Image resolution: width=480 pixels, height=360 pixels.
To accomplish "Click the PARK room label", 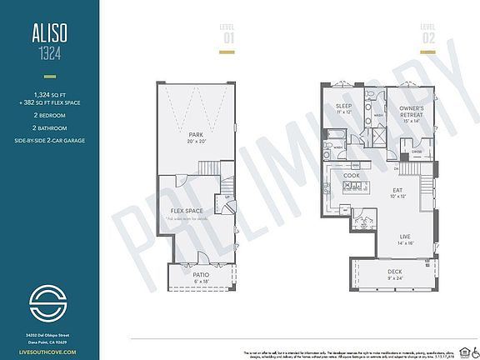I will coord(196,134).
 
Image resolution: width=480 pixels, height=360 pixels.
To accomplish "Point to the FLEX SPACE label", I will coord(187,211).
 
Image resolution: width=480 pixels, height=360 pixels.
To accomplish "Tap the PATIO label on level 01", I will coord(201,274).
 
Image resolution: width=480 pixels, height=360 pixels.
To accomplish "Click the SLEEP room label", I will coord(342,107).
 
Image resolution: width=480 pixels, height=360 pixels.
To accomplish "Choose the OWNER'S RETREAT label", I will coord(411,112).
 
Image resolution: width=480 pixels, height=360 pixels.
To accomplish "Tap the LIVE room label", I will coord(407,237).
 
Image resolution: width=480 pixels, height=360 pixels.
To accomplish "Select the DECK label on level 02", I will coord(395,272).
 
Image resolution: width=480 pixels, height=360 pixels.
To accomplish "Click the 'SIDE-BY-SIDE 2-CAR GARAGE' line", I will coord(49,140).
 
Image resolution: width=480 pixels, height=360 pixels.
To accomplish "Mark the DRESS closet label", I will coord(414,152).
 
